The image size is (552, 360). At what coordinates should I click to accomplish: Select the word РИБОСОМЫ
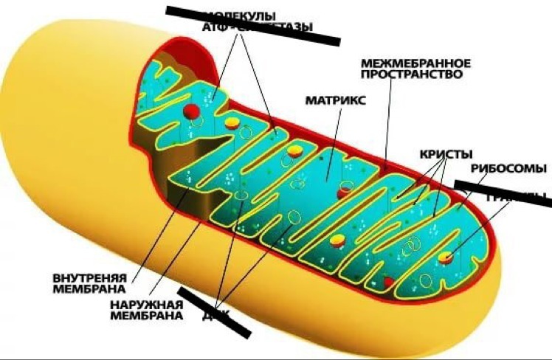point(508,167)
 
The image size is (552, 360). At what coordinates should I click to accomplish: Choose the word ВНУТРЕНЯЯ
point(90,277)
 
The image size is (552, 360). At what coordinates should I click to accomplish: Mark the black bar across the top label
point(251,25)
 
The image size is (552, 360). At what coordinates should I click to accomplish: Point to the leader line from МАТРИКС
point(331,140)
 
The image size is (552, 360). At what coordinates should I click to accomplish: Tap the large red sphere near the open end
point(191,112)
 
